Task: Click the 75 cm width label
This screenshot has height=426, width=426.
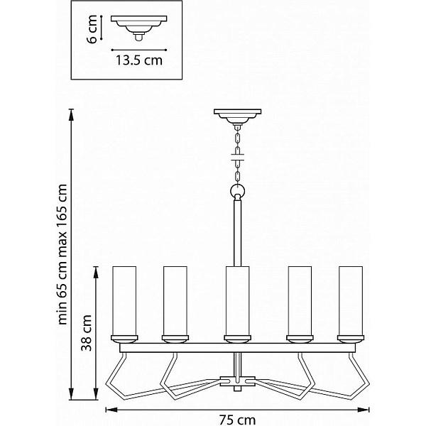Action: click(x=237, y=420)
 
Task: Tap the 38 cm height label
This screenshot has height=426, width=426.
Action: click(x=87, y=333)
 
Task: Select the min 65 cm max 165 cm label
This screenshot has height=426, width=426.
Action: click(x=62, y=254)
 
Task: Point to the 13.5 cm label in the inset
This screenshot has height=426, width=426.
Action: click(x=139, y=60)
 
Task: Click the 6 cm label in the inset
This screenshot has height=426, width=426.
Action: click(x=92, y=29)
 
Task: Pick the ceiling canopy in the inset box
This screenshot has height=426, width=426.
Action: click(x=139, y=28)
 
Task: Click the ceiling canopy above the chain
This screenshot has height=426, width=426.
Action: click(x=237, y=117)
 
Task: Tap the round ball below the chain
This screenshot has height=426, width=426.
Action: click(x=238, y=191)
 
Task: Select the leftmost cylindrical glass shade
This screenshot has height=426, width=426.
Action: click(x=124, y=301)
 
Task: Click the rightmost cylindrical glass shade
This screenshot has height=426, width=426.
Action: click(x=351, y=301)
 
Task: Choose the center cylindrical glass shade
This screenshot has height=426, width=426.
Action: click(x=237, y=301)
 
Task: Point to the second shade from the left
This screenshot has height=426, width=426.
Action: click(x=175, y=301)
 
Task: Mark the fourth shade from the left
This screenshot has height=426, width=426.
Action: click(x=300, y=301)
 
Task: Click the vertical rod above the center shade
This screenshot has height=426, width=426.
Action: click(x=237, y=233)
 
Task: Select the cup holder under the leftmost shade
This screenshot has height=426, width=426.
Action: click(x=124, y=339)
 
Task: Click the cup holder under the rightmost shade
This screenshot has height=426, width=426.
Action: click(x=351, y=339)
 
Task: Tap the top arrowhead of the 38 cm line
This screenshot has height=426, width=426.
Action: click(x=96, y=273)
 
